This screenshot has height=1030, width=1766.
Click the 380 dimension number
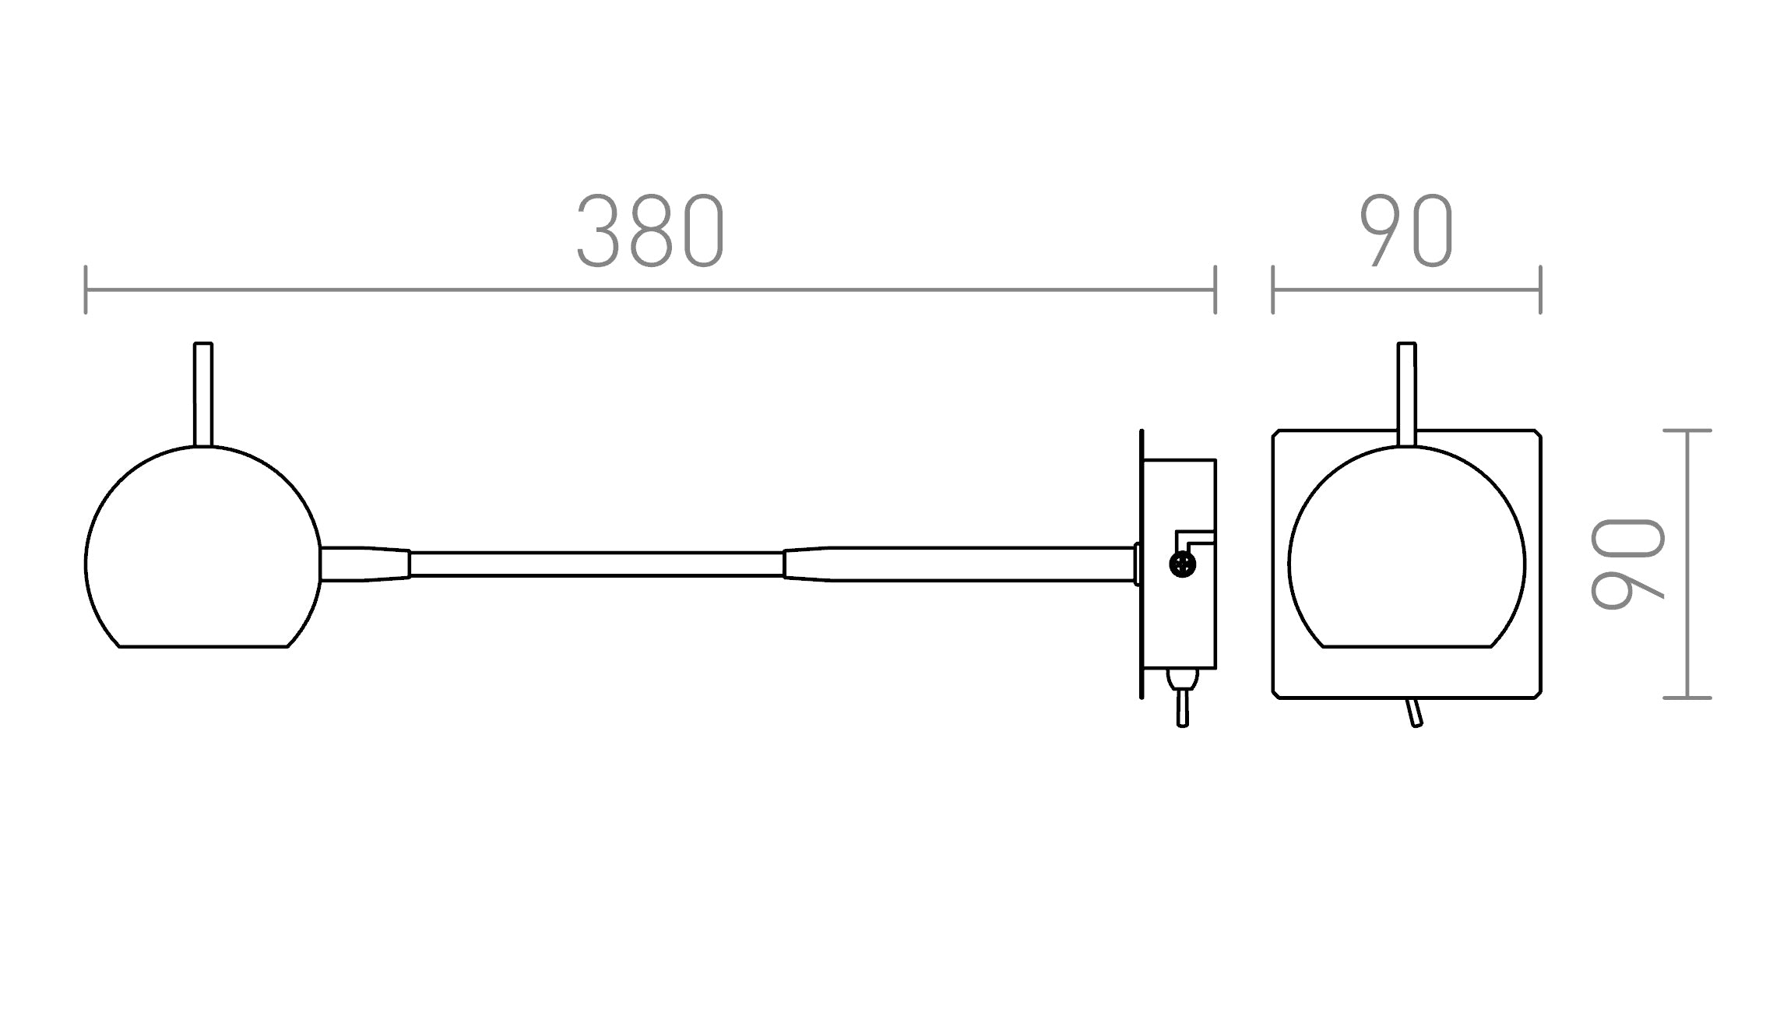650,231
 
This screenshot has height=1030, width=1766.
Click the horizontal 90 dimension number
1406,231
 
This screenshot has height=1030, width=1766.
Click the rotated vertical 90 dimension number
1627,564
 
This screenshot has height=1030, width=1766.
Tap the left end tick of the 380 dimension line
86,290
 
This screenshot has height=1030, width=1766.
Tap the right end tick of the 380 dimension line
1215,290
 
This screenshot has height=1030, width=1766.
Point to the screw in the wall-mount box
1182,564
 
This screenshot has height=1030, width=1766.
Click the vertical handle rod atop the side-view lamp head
202,393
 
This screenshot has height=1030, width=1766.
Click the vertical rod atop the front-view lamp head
1406,393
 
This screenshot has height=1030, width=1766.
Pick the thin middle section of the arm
596,564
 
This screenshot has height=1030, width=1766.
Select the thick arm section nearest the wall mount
958,564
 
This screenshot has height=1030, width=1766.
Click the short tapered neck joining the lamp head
364,564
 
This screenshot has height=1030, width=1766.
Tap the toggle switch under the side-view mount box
1182,701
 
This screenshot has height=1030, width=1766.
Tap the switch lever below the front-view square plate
1414,712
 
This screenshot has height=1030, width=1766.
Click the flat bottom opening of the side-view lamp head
203,645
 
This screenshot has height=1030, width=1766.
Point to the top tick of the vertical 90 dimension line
1687,431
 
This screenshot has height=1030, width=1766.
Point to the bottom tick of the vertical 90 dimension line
1687,698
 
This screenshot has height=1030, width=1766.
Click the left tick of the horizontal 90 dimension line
1273,290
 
